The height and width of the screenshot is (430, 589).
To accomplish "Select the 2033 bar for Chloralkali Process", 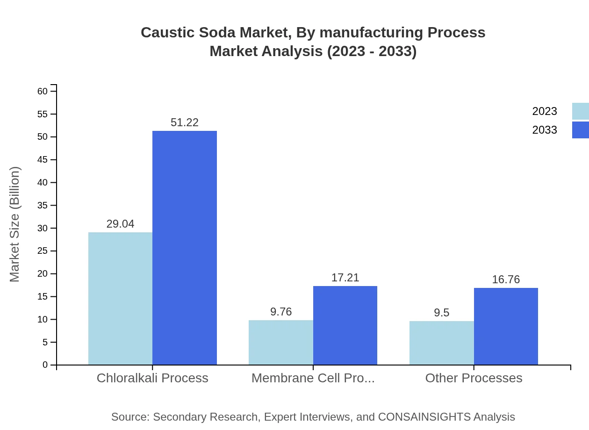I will (185, 248).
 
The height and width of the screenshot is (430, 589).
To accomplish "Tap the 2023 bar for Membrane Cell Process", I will (280, 342).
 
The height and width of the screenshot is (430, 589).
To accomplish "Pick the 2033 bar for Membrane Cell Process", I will (345, 325).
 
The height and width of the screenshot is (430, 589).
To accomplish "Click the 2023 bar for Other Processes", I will (441, 343).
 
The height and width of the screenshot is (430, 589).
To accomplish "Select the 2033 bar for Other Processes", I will (506, 326).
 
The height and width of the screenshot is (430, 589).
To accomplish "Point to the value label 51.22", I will (185, 122).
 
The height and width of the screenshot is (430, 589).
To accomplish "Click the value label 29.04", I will (120, 224).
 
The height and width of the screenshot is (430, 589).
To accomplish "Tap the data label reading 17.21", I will (345, 278).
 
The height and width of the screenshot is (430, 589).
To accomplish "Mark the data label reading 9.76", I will (280, 312).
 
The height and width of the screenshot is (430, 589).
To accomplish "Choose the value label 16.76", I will (506, 279).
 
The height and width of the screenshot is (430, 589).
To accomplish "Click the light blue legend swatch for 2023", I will (580, 111).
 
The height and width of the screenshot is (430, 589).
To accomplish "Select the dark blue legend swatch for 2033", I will (580, 130).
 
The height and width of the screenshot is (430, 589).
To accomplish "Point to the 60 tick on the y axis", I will (43, 91).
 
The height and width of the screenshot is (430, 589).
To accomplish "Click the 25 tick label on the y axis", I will (43, 251).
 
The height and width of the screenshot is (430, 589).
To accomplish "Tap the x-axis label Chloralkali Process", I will (152, 378).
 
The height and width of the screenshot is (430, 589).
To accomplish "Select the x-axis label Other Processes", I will (474, 378).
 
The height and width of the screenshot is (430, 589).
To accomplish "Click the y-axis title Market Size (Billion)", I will (14, 224).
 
